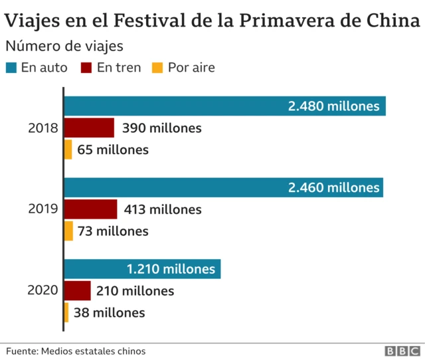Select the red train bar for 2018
click(x=90, y=128)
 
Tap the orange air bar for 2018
click(x=68, y=149)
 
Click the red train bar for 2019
click(x=91, y=209)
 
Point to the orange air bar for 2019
click(x=69, y=231)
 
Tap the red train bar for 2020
click(x=78, y=291)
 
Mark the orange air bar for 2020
click(x=66, y=312)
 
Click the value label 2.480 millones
click(x=333, y=106)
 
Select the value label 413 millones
click(x=162, y=209)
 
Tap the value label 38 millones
click(x=110, y=312)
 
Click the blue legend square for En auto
click(x=11, y=68)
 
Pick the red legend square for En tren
click(x=86, y=68)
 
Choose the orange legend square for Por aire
click(x=157, y=68)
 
